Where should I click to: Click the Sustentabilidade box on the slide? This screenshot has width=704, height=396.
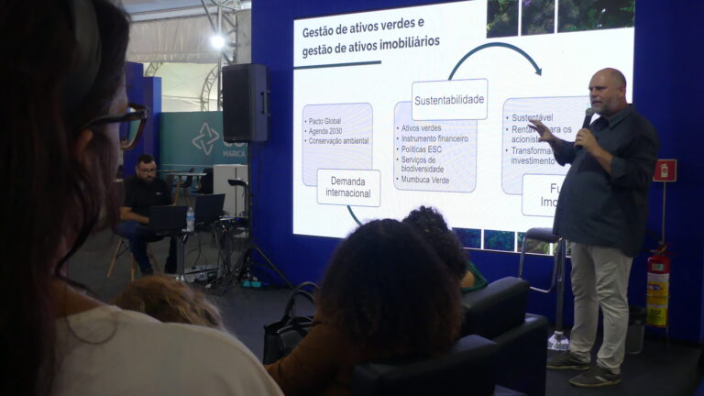449,99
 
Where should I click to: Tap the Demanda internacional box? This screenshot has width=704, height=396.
348,187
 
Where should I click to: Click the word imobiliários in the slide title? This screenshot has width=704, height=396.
401,41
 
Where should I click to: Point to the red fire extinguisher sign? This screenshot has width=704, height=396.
665,170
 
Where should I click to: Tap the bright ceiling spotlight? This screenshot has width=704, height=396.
218,41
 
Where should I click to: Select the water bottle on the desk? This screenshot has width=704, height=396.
190,219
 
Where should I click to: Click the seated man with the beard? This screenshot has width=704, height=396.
144,197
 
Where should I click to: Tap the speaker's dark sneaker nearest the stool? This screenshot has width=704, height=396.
568,360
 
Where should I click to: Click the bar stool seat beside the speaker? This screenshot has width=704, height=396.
542,236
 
